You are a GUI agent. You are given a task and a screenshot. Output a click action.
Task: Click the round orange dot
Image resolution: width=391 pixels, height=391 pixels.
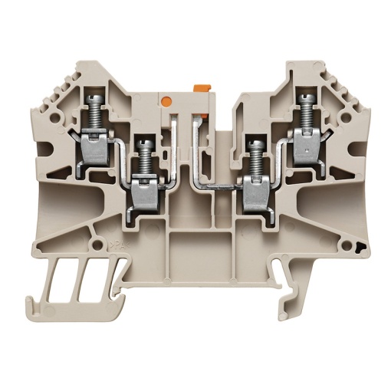(166, 99)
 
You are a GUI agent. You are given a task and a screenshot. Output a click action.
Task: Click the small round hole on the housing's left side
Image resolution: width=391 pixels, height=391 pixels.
(50, 243)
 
